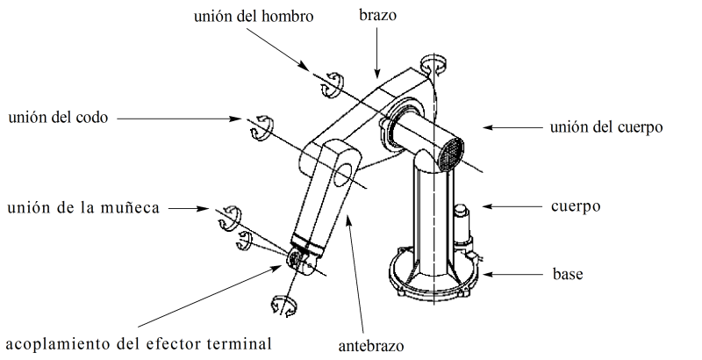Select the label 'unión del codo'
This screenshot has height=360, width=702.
[x=56, y=117]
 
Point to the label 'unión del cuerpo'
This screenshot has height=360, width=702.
[x=605, y=128]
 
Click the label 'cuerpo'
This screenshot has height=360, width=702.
[x=576, y=207]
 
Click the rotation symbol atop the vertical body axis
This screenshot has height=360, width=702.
[x=433, y=64]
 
